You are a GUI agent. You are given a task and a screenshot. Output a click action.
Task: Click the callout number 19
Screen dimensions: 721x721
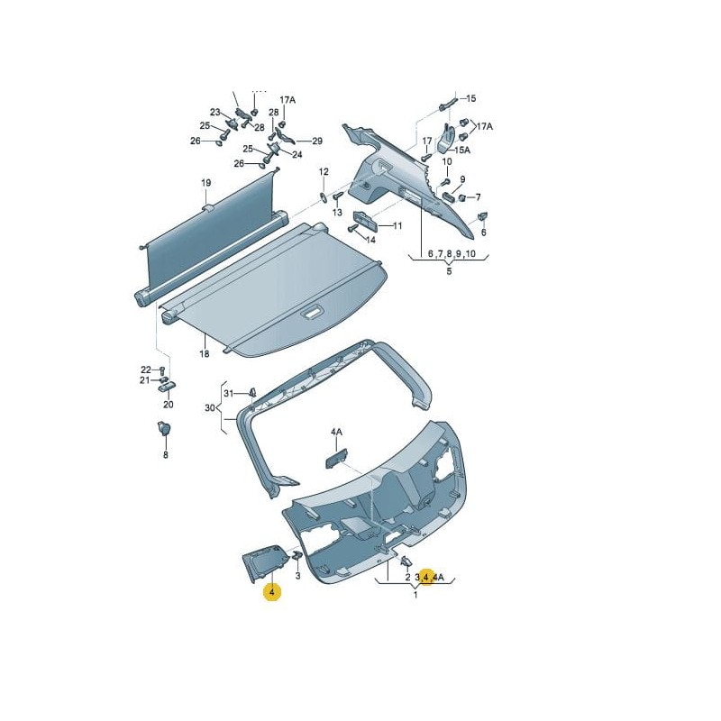click(x=205, y=183)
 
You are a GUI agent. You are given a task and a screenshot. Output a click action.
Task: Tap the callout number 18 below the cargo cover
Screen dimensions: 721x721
click(x=205, y=354)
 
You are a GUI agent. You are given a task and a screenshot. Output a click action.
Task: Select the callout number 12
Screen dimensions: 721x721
click(x=323, y=171)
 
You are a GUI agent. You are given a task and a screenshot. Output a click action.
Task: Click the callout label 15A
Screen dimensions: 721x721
click(x=461, y=150)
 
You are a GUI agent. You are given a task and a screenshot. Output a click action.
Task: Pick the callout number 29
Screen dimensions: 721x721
click(x=316, y=141)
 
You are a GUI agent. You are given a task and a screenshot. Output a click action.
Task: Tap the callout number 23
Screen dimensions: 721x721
click(x=215, y=113)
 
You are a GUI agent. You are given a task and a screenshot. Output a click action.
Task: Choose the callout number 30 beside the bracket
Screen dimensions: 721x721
click(x=210, y=407)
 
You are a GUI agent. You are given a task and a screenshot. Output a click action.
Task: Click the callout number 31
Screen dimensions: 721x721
click(x=229, y=393)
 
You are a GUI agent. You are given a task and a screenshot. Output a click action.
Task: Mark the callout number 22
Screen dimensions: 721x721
click(x=145, y=370)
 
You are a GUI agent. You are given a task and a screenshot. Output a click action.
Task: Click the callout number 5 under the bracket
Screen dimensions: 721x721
click(x=448, y=271)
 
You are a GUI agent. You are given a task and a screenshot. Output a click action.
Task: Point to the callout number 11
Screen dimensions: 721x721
click(x=397, y=225)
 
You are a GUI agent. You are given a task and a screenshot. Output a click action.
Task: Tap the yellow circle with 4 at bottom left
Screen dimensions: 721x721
click(x=271, y=592)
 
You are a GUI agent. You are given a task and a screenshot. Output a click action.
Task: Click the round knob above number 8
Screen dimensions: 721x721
click(x=165, y=430)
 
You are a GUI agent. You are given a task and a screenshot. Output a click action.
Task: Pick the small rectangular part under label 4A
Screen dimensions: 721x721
click(x=336, y=458)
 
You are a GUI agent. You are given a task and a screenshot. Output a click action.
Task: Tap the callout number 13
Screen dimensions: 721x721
click(x=337, y=213)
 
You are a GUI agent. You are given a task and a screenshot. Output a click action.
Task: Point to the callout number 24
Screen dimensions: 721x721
click(x=297, y=154)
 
